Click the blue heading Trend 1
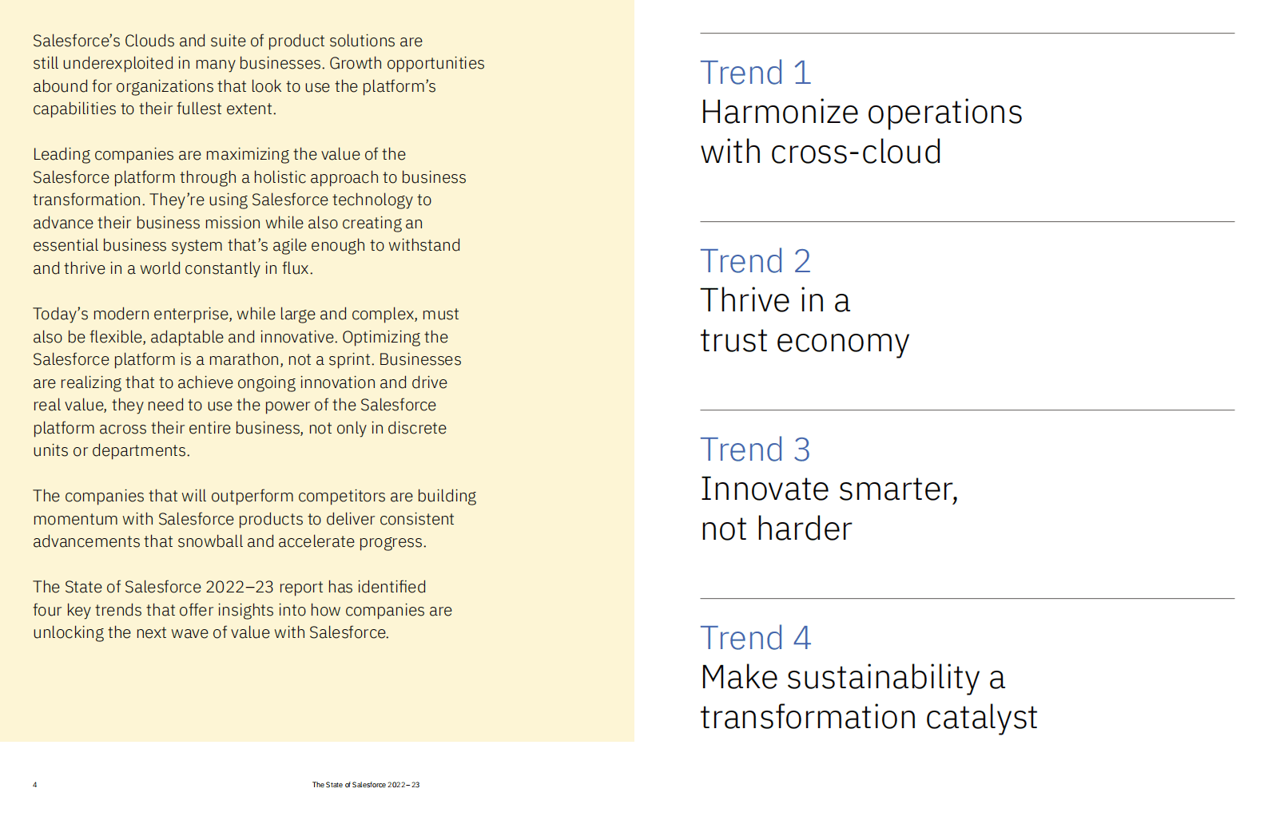(755, 73)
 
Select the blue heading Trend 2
(755, 261)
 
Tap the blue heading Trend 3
(755, 450)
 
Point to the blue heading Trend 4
(755, 638)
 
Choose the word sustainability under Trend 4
(883, 678)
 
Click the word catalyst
(981, 718)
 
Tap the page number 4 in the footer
(35, 785)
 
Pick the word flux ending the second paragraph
(295, 268)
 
